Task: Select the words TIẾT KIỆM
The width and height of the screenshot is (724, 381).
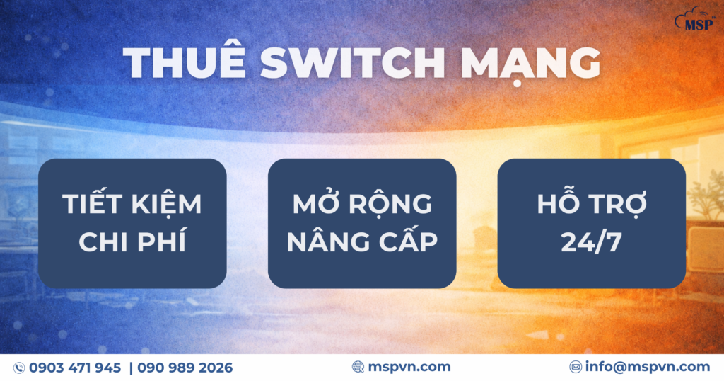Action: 132,205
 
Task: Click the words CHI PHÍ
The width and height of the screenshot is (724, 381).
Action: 132,241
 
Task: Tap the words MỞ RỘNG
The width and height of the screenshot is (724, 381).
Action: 362,205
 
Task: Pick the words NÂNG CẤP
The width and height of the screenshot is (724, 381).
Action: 362,241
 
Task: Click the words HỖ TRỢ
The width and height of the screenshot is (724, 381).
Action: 592,203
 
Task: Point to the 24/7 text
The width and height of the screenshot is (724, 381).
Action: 592,241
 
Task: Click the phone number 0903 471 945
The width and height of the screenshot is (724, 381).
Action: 75,368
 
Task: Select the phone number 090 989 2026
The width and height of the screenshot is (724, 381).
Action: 185,368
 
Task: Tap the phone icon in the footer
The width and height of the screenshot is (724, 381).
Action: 19,368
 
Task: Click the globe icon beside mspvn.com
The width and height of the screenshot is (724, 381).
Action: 358,367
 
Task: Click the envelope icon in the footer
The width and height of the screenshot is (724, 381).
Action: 576,367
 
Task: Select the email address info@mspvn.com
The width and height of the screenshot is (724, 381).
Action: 647,367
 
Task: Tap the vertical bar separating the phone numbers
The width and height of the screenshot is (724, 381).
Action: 130,368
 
